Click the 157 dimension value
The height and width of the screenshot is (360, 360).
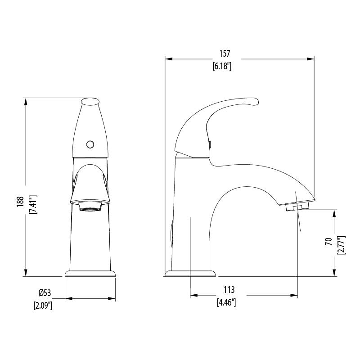pos(225,54)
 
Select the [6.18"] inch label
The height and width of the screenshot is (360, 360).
pos(222,66)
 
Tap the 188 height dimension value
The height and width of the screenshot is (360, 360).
pos(20,202)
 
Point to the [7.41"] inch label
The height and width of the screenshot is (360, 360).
pos(33,205)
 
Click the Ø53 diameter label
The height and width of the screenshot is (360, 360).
pos(45,293)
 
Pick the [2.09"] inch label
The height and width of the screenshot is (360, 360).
pos(43,306)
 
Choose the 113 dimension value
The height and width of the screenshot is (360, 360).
pos(229,290)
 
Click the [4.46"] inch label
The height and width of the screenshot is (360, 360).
pos(226,302)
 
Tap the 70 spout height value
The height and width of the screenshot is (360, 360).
pos(328,242)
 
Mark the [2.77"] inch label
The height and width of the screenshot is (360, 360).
pos(341,245)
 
